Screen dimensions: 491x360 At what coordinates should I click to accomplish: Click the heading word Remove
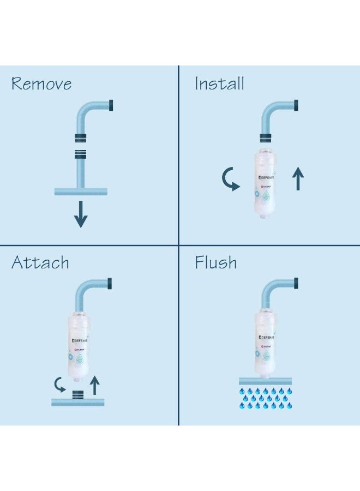pos(41,84)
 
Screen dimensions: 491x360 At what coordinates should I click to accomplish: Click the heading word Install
pos(219,84)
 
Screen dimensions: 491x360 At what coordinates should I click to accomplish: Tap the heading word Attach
pos(40,263)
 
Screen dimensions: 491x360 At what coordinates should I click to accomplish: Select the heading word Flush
pos(215,263)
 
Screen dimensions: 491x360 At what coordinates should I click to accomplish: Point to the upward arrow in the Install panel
pos(298,179)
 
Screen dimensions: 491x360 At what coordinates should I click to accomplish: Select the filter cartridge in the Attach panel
pos(80,348)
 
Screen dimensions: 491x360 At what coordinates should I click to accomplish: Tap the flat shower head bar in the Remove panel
pos(81,191)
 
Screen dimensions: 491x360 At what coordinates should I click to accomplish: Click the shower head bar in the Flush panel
pos(265,381)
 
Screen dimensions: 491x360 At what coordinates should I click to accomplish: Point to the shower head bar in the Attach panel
pos(77,402)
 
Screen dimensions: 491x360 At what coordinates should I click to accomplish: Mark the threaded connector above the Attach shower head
pos(79,392)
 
